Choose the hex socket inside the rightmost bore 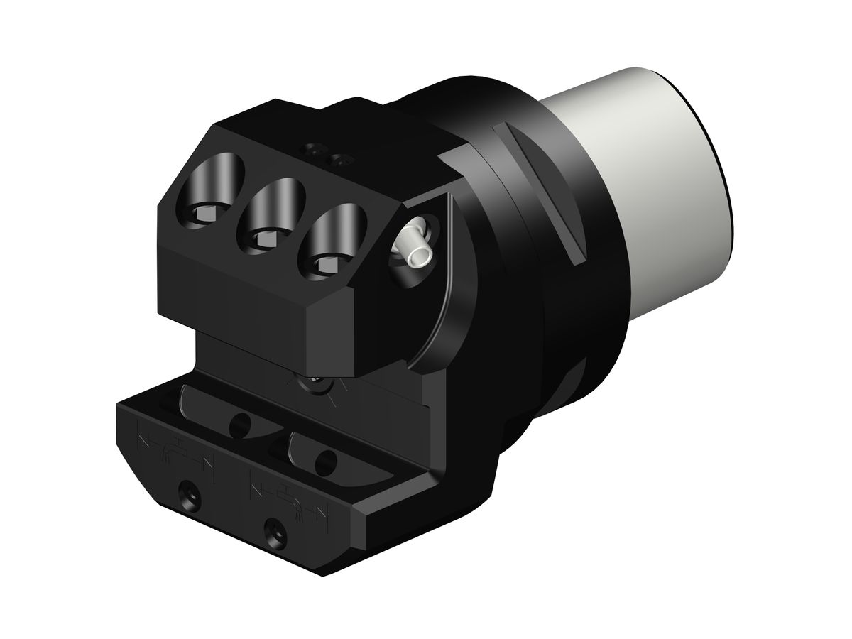327,266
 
